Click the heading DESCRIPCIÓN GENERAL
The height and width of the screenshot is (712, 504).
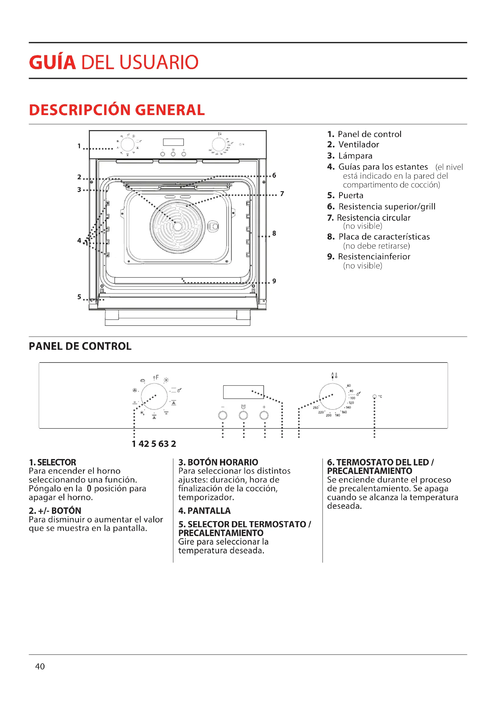[117, 110]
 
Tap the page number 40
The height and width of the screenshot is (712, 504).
[40, 666]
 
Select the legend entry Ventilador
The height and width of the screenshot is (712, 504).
[358, 145]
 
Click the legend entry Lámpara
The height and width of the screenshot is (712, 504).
[355, 156]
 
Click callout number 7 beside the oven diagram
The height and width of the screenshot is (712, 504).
[282, 194]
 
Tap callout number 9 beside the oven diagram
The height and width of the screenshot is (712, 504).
[274, 281]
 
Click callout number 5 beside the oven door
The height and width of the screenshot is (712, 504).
[79, 297]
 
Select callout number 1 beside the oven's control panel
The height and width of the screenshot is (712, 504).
[79, 146]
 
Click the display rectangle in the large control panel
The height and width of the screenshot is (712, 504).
[243, 392]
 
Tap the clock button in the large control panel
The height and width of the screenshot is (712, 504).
[243, 415]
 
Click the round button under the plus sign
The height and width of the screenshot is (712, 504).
[264, 415]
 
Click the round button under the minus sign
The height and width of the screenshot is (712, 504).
[222, 415]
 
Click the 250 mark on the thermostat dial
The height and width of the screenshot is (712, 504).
[315, 408]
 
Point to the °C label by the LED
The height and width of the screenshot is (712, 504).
[380, 397]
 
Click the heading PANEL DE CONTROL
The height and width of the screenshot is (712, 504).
[80, 346]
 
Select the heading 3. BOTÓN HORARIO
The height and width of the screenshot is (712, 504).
[218, 462]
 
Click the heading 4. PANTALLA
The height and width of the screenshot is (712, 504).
[204, 510]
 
